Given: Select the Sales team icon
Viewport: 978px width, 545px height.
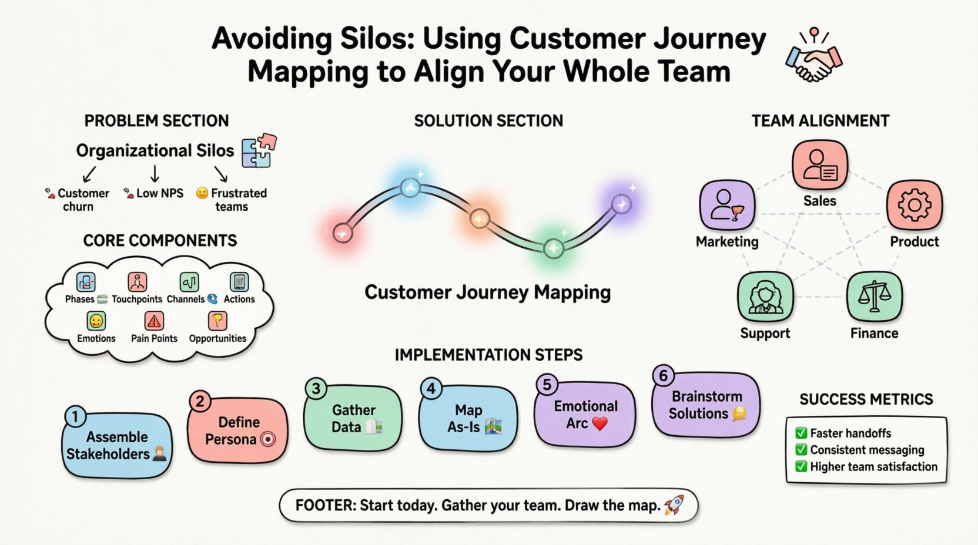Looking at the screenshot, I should (x=819, y=165).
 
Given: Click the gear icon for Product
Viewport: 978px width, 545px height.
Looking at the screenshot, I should (x=914, y=205).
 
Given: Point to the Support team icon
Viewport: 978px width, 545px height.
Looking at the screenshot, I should (x=765, y=297).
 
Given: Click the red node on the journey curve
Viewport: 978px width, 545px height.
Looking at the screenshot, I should (x=342, y=233).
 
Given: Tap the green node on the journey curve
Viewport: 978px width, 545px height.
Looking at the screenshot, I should (x=552, y=248).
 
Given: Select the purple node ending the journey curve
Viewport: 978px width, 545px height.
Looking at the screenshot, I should (x=621, y=204).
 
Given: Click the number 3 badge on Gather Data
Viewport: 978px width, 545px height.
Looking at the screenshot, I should (x=316, y=389).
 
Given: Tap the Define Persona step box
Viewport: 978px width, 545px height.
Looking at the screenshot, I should (x=238, y=430).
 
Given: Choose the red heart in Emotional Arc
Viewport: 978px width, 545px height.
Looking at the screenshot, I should (x=599, y=423).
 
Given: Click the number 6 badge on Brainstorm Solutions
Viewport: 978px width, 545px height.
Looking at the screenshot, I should (x=663, y=376).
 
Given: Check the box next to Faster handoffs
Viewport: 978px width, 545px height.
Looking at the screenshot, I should (x=801, y=433).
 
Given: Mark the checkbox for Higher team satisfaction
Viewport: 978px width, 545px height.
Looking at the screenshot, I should (x=801, y=467).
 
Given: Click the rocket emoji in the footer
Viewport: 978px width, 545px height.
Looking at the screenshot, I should (x=674, y=505).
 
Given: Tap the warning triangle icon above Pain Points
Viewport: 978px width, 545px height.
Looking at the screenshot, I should (x=154, y=321).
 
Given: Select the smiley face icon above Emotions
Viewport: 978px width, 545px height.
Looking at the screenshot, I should (x=96, y=321).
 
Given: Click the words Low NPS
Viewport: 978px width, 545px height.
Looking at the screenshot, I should (x=159, y=193).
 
